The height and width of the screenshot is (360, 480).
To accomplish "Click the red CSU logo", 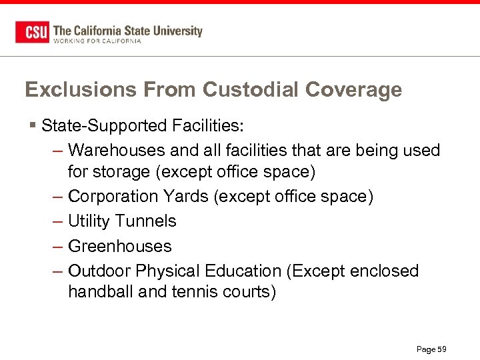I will click(32, 32).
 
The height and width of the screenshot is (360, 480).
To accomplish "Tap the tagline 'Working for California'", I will click(97, 41).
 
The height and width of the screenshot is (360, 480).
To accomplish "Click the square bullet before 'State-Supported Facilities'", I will click(33, 125).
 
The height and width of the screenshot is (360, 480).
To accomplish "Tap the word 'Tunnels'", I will click(146, 221).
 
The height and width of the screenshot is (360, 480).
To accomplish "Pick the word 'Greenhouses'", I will click(120, 246).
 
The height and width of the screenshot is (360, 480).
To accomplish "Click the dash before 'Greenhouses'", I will click(57, 247).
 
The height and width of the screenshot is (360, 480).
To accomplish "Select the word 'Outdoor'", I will click(99, 271).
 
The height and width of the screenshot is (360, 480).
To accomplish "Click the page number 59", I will click(441, 349).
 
